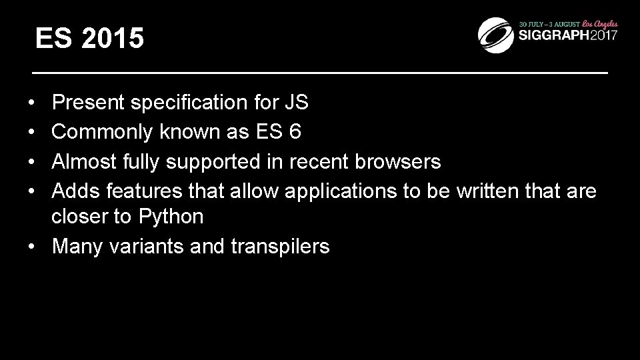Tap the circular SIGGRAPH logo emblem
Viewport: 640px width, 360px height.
[x=495, y=31]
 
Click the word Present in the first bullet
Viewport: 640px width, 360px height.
[x=89, y=103]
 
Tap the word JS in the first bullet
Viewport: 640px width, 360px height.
[x=296, y=103]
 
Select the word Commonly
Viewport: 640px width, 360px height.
[x=103, y=132]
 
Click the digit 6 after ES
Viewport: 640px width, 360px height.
[x=295, y=132]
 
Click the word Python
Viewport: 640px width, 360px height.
[x=171, y=217]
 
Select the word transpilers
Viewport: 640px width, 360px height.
[x=280, y=247]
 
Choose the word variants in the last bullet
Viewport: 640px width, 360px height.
[x=143, y=247]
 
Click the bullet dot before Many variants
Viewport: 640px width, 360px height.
[x=32, y=247]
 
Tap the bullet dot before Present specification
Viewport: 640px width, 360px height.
[x=32, y=103]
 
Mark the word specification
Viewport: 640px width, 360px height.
[x=189, y=103]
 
